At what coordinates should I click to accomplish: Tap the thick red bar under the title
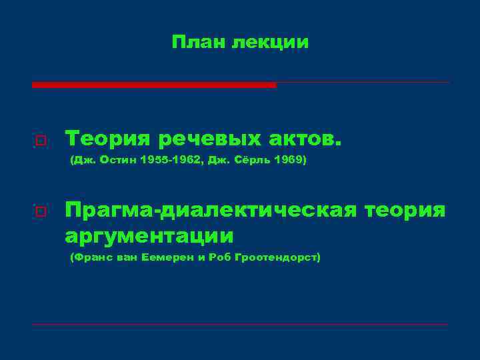pos(153,85)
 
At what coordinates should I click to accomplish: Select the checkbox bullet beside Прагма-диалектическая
pos(41,212)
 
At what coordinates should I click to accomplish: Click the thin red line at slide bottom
pos(240,325)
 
